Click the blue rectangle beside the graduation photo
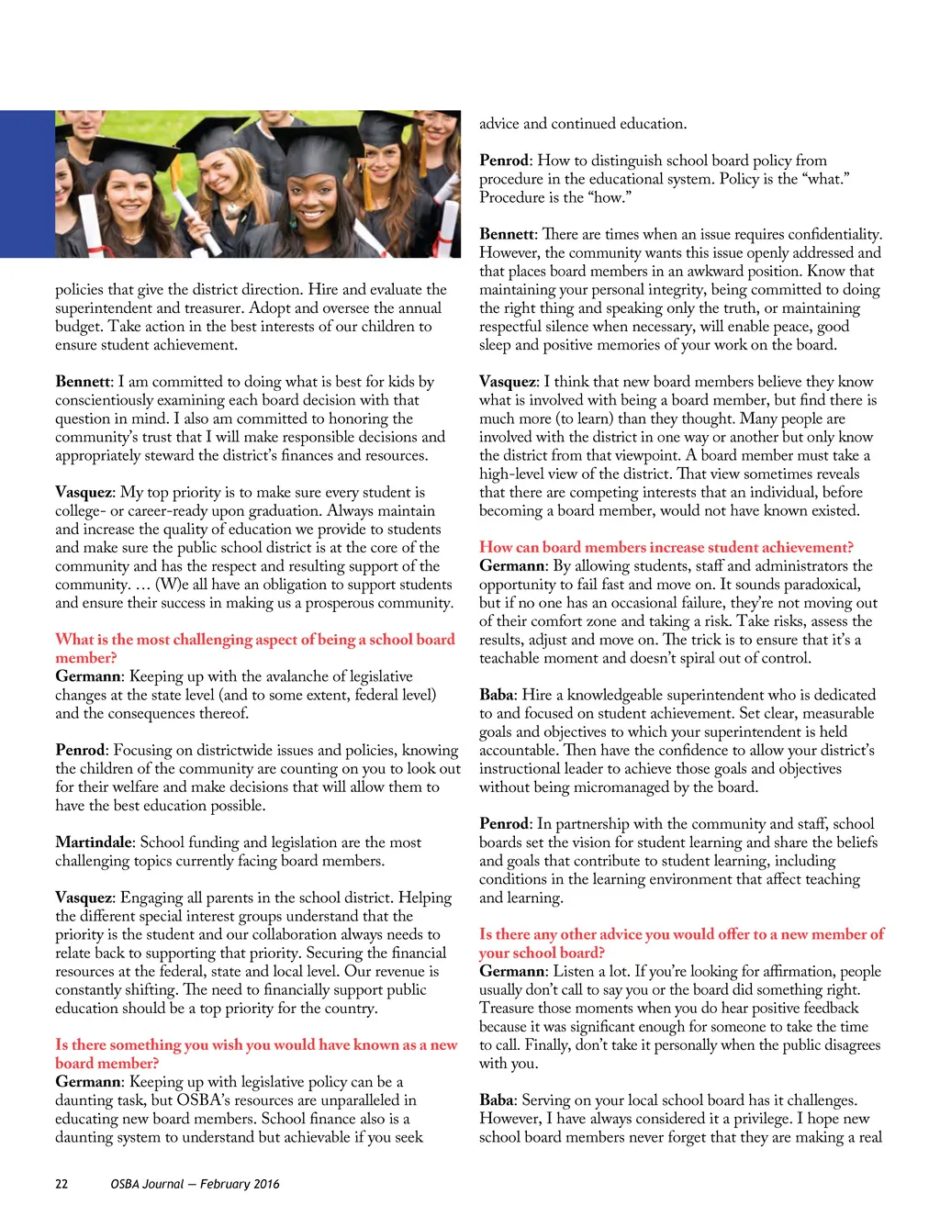[x=27, y=184]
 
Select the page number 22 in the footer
[x=62, y=1184]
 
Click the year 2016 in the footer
[x=266, y=1184]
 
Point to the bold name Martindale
[x=95, y=842]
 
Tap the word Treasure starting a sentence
[x=506, y=1009]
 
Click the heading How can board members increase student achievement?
[x=666, y=548]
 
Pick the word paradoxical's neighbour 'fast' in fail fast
[x=612, y=585]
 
